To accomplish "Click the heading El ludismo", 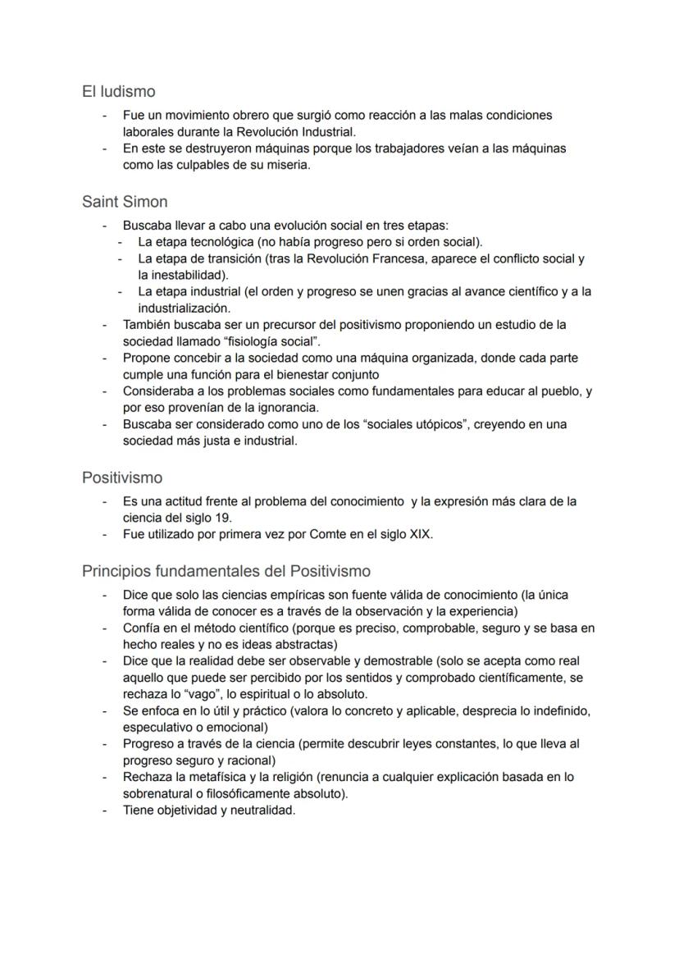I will click(x=118, y=92).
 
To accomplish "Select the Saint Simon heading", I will click(x=125, y=202).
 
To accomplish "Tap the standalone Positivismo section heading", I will click(x=122, y=477).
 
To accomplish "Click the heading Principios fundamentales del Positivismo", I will click(x=226, y=571).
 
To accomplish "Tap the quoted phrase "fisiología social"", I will click(x=255, y=341).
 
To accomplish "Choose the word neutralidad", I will click(x=257, y=810).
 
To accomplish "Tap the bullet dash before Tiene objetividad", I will click(x=104, y=810).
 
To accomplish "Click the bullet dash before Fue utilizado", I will click(x=104, y=534).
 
